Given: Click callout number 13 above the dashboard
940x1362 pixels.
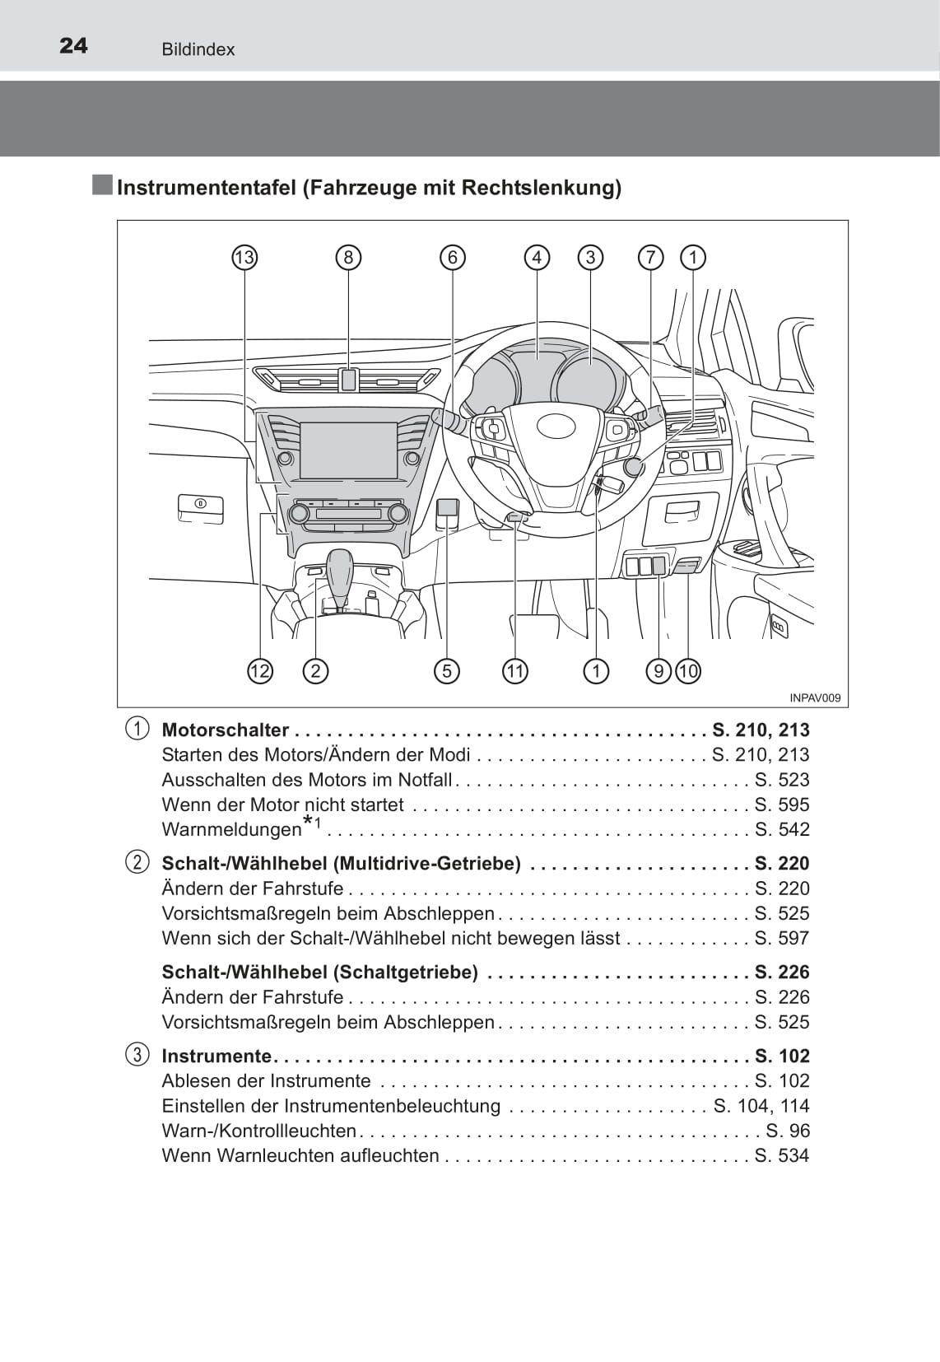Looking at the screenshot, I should click(244, 258).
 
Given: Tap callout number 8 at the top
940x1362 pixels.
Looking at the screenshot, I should click(348, 258).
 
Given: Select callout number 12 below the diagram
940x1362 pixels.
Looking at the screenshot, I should click(259, 671).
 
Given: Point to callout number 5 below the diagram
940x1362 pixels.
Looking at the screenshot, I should click(446, 671).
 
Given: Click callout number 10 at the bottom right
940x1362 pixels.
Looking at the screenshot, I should click(688, 671).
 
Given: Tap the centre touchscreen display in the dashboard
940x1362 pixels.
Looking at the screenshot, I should click(348, 450).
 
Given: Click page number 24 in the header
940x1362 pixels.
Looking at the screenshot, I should click(73, 46).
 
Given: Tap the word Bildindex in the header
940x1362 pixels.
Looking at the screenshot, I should click(198, 49).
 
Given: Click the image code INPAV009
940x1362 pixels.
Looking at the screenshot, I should click(815, 698).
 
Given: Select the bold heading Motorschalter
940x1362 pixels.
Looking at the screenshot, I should click(226, 730).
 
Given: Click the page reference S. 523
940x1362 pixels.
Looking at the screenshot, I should click(782, 780).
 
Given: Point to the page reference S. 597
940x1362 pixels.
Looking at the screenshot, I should click(782, 938).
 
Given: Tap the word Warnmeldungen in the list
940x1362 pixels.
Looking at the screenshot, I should click(232, 830).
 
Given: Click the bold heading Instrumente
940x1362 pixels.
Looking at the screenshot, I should click(216, 1056).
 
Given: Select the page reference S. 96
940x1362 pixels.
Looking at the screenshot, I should click(788, 1131).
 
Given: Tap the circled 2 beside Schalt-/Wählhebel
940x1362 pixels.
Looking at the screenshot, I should click(137, 863).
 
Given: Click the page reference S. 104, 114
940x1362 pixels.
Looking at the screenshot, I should click(761, 1106).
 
